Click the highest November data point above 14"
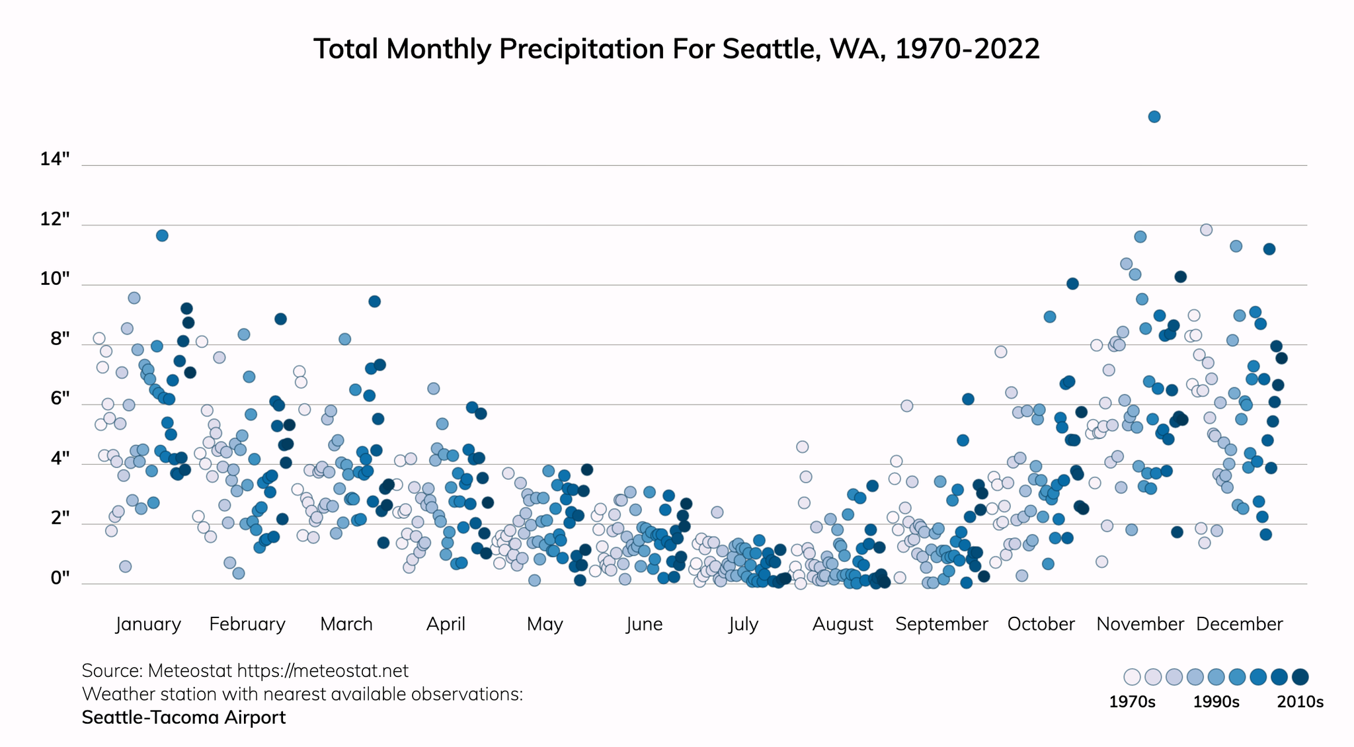point(1154,117)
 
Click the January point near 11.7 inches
point(162,235)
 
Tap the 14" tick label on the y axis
point(54,159)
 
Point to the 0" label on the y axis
point(60,578)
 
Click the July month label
point(743,624)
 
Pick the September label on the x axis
point(941,624)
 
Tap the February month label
point(247,624)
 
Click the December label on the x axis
point(1239,624)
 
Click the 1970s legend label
point(1132,702)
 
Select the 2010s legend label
point(1300,702)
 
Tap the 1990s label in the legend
point(1216,702)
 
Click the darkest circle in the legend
point(1300,677)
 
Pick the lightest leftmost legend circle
point(1132,677)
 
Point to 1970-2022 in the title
point(967,50)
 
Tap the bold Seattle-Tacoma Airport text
point(184,717)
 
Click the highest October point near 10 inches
point(1072,284)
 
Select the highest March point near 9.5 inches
point(374,301)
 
